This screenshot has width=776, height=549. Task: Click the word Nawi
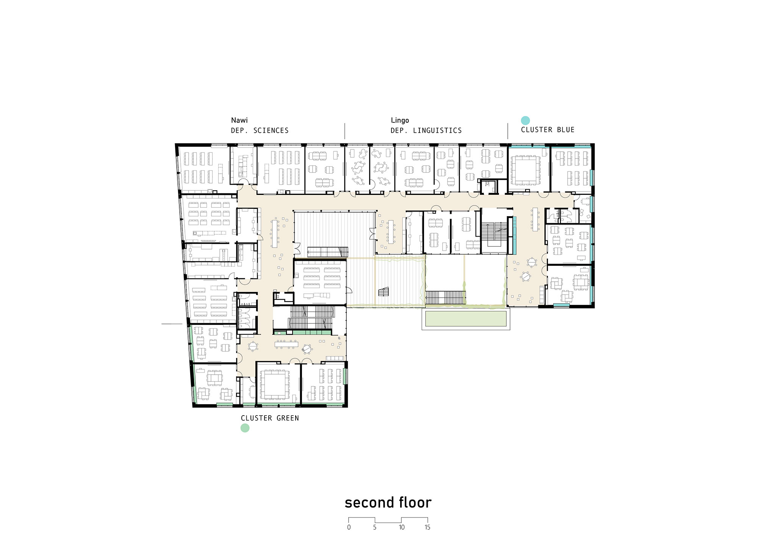[x=239, y=120]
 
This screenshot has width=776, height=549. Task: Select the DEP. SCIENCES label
[x=260, y=130]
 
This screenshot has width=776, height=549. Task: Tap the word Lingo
[x=400, y=121]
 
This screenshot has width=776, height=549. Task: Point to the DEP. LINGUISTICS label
[x=426, y=130]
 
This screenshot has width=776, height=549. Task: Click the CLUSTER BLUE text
[x=548, y=130]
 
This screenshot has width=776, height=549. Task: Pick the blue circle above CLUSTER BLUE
[x=525, y=120]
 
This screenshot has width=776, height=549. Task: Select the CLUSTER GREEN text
[x=270, y=418]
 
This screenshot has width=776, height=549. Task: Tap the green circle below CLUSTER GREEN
[x=245, y=428]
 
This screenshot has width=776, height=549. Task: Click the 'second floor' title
[x=388, y=502]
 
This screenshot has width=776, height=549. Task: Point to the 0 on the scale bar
[x=349, y=527]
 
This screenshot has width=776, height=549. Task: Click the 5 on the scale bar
[x=375, y=527]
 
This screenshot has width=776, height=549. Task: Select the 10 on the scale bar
[x=402, y=527]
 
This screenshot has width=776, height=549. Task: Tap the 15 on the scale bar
[x=427, y=527]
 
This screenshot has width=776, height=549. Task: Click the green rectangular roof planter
[x=466, y=318]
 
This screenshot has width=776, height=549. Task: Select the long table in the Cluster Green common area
[x=287, y=344]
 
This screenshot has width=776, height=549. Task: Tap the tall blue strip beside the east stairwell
[x=515, y=235]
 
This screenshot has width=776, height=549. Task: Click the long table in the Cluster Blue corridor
[x=535, y=220]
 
